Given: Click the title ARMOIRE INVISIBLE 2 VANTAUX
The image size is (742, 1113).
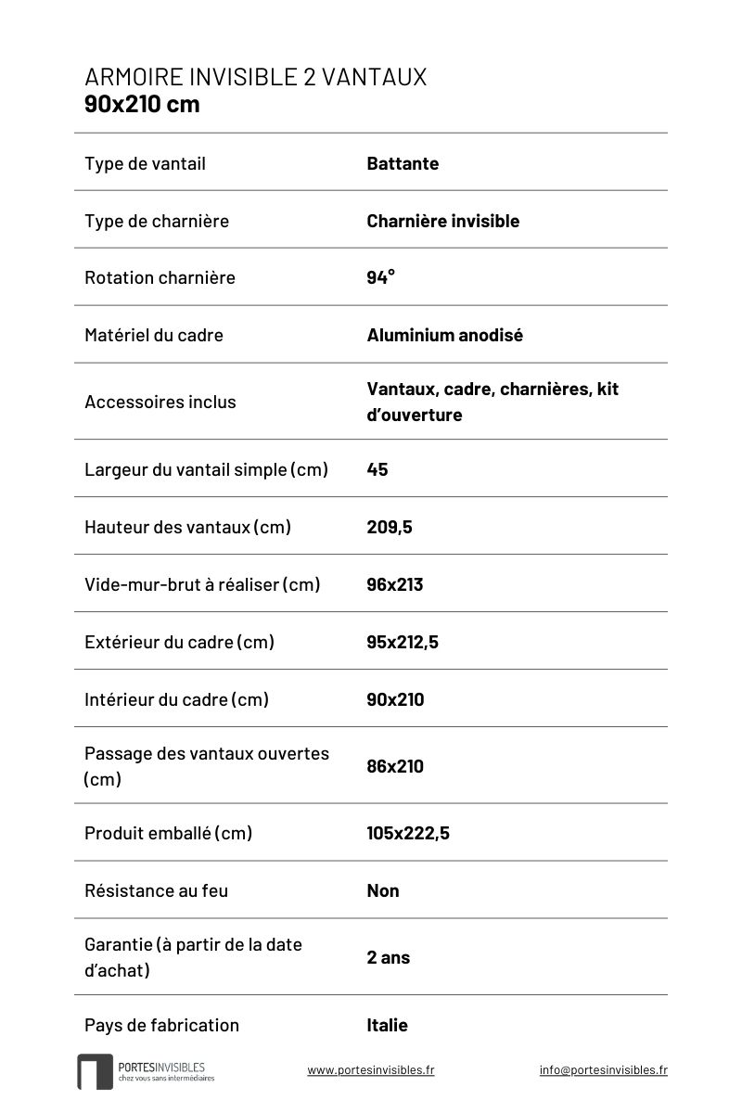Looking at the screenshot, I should (255, 78).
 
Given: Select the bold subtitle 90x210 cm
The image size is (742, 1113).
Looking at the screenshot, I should (142, 104).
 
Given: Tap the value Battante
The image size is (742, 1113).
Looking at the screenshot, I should (403, 164).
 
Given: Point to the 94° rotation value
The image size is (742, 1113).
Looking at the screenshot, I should (380, 277).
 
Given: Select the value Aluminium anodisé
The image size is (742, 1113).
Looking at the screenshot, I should (444, 335).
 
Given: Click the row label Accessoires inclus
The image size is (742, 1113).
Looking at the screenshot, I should (160, 402).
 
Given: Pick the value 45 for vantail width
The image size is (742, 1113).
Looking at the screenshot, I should (377, 469).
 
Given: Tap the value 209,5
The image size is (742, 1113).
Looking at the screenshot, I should (390, 527).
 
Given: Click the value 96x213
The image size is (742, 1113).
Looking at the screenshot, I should (394, 584).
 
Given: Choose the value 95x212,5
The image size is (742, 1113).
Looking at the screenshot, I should (403, 642).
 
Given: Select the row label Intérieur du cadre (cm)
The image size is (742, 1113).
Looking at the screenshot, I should (176, 699).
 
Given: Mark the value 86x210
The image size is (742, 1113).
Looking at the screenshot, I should (394, 766).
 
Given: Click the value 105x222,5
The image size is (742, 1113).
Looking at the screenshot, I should (408, 833).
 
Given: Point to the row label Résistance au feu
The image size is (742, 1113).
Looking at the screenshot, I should (156, 890).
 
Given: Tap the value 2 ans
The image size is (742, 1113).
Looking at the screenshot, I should (388, 957).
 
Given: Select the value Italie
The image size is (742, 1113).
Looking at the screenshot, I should (387, 1025).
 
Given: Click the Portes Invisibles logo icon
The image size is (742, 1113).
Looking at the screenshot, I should (95, 1071).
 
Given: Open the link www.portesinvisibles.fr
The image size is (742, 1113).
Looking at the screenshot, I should (370, 1070).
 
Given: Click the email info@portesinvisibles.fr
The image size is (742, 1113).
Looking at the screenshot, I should (603, 1070).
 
